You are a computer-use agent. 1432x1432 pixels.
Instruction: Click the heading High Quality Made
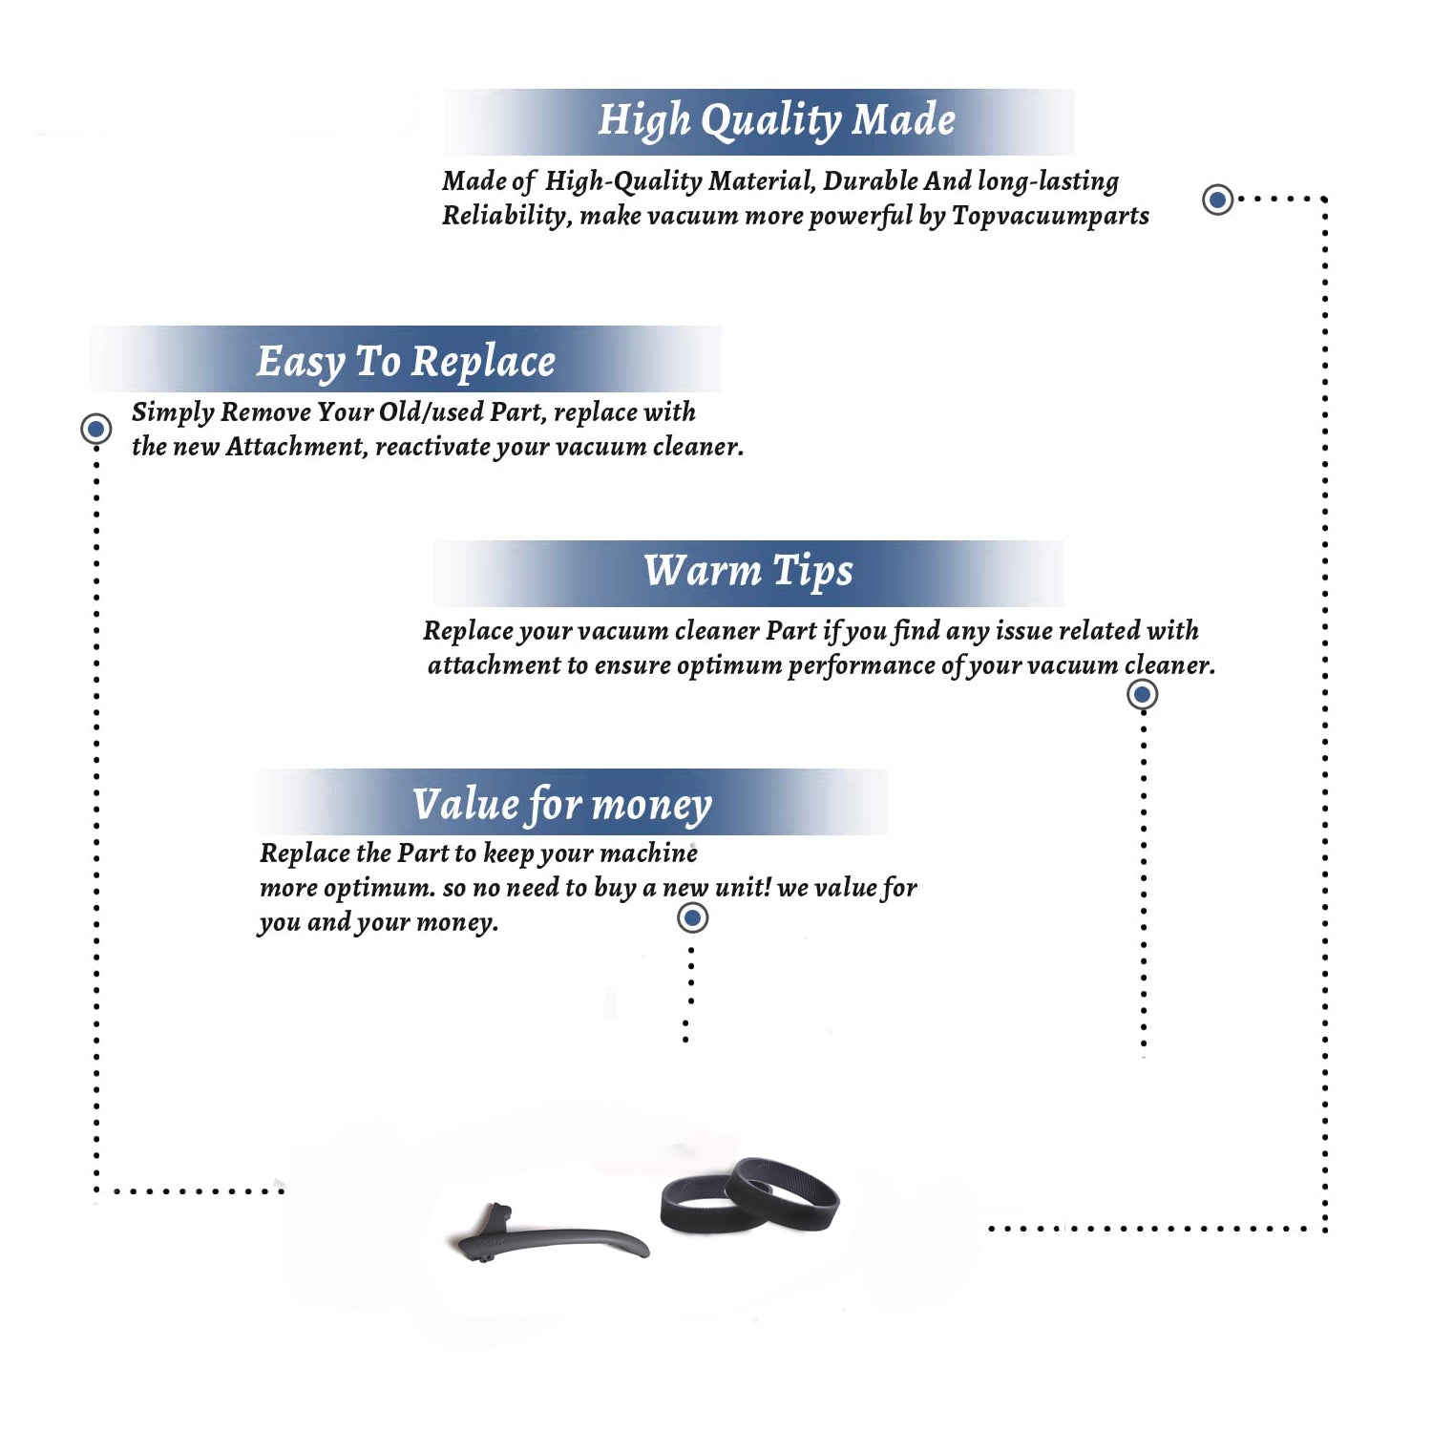[x=776, y=121]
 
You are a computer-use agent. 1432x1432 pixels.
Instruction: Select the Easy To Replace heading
[x=406, y=362]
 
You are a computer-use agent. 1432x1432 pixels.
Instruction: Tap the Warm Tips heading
[x=748, y=571]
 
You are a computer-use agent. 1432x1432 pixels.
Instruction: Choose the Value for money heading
[x=561, y=805]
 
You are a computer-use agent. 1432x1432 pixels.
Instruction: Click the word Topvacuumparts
[x=1050, y=217]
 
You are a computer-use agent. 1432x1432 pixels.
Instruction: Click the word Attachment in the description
[x=295, y=447]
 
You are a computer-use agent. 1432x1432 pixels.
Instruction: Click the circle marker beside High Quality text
[x=1217, y=200]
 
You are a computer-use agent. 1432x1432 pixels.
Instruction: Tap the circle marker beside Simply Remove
[x=95, y=429]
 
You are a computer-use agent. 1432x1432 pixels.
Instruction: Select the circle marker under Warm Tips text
[x=1142, y=694]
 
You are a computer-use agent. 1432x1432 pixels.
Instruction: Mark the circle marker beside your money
[x=692, y=918]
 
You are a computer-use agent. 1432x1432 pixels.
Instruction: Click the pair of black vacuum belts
[x=749, y=1196]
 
